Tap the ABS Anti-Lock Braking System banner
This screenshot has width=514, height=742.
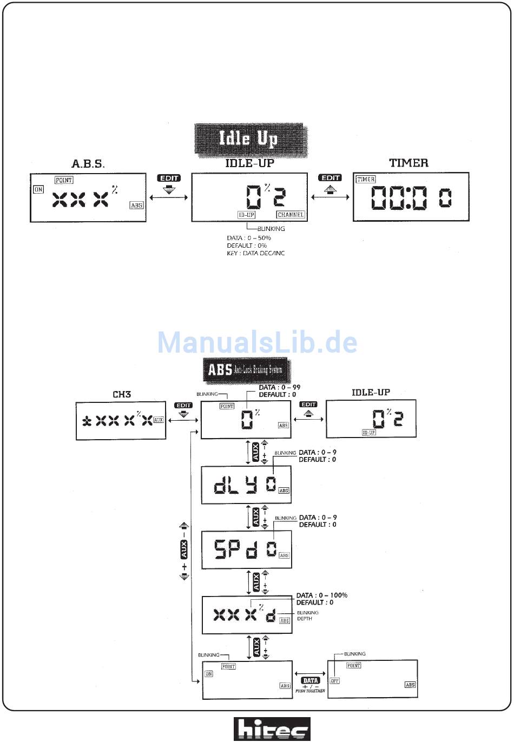pyautogui.click(x=246, y=370)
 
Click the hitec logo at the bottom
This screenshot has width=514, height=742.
pyautogui.click(x=272, y=729)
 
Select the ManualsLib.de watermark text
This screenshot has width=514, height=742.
pyautogui.click(x=258, y=342)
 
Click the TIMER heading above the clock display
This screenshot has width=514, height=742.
pyautogui.click(x=408, y=163)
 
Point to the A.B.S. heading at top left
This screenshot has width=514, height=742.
pyautogui.click(x=88, y=163)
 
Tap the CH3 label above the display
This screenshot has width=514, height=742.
pyautogui.click(x=122, y=394)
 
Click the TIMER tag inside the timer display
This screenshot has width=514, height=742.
pyautogui.click(x=366, y=180)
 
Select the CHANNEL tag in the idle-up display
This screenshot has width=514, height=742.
pyautogui.click(x=291, y=215)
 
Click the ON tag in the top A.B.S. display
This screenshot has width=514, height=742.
pyautogui.click(x=38, y=189)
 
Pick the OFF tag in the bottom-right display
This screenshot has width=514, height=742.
pyautogui.click(x=334, y=680)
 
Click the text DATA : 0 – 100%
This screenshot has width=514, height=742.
pyautogui.click(x=321, y=595)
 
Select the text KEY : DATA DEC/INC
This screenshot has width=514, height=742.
pyautogui.click(x=255, y=253)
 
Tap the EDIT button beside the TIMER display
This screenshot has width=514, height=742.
pyautogui.click(x=331, y=178)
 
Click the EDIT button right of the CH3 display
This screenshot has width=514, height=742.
pyautogui.click(x=183, y=405)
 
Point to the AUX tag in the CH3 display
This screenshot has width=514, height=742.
pyautogui.click(x=159, y=420)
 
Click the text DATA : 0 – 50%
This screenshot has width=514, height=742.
pyautogui.click(x=249, y=238)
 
